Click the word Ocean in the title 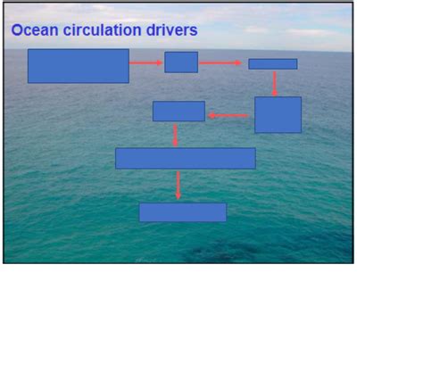tap(35, 30)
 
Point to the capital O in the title tap(17, 30)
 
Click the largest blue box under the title tap(79, 66)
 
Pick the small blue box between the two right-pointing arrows tap(181, 62)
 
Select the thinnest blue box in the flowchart tap(273, 64)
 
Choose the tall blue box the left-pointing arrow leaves tap(278, 115)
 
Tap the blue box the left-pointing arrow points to tap(178, 112)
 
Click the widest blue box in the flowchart tap(186, 158)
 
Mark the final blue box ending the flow tap(183, 212)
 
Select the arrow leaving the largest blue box tap(145, 62)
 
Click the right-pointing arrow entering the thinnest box tap(220, 62)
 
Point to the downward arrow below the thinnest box tap(274, 84)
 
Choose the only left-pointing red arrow tap(228, 115)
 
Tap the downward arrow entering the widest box tap(175, 136)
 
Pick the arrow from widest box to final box tap(178, 186)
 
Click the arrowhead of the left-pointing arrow tap(211, 115)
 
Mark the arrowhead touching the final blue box tap(178, 196)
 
